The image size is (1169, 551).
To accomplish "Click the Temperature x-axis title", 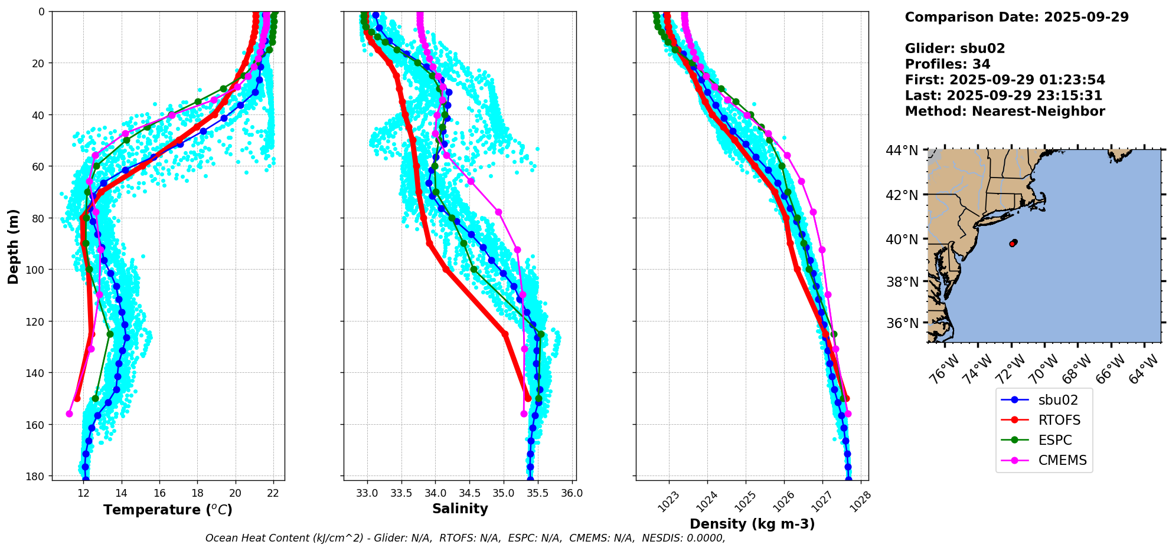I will click(168, 510).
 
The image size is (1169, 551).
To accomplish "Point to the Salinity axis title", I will click(460, 509).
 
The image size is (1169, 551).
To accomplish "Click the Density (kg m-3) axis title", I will click(752, 524).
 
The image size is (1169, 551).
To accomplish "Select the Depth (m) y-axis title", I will click(13, 247).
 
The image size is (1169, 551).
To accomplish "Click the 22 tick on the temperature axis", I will click(273, 493).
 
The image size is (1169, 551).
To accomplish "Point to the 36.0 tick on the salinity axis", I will click(571, 493).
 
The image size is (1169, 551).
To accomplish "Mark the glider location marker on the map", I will click(1013, 242).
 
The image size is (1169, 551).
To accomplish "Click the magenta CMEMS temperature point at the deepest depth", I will click(69, 414).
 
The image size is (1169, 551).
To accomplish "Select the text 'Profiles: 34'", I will click(947, 64).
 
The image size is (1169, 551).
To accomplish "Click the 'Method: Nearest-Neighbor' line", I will click(1004, 111).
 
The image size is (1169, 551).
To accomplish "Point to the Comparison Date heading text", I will click(1016, 17).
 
